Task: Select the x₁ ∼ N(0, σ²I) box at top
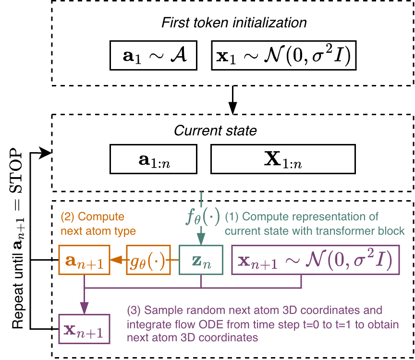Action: pos(283,57)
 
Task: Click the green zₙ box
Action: pos(201,261)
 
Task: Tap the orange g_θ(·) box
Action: pos(148,261)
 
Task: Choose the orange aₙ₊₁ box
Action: pos(84,261)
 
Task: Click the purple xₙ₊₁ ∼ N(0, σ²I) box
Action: pos(316,261)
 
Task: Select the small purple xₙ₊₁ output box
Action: pos(84,329)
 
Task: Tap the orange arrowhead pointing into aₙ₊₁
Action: pos(115,261)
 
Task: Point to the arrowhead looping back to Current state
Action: pos(47,153)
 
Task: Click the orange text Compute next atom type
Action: pos(98,224)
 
